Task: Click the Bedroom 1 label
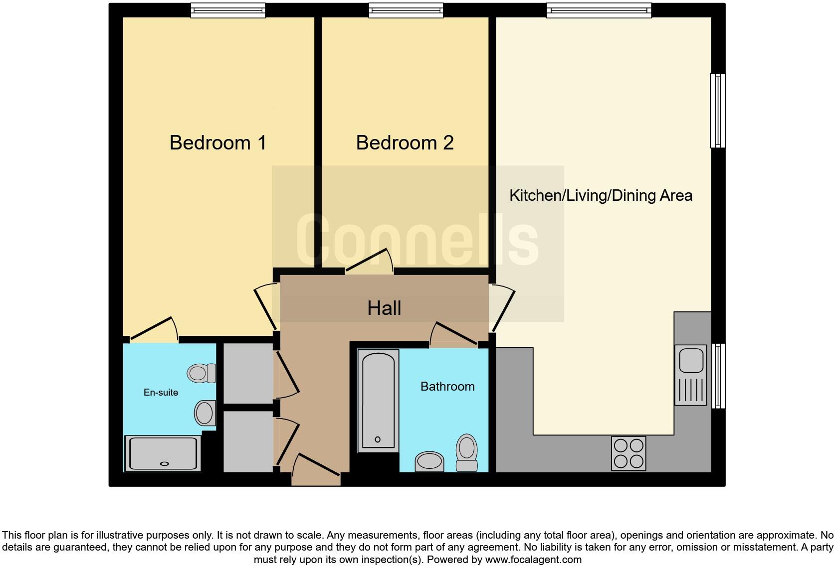[x=218, y=142]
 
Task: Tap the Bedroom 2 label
[x=405, y=142]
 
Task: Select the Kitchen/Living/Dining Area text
[x=601, y=195]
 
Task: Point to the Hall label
[x=384, y=308]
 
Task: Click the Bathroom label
[x=447, y=386]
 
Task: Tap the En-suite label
[x=161, y=393]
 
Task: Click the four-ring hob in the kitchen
[x=628, y=453]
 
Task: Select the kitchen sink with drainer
[x=691, y=375]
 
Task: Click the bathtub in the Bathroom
[x=378, y=401]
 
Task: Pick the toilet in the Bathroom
[x=467, y=452]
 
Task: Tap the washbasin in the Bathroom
[x=429, y=461]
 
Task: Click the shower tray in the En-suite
[x=163, y=453]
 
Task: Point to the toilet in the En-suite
[x=202, y=373]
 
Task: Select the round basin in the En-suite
[x=204, y=413]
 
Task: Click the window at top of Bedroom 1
[x=228, y=10]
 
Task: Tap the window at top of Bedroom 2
[x=406, y=10]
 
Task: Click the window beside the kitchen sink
[x=718, y=376]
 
